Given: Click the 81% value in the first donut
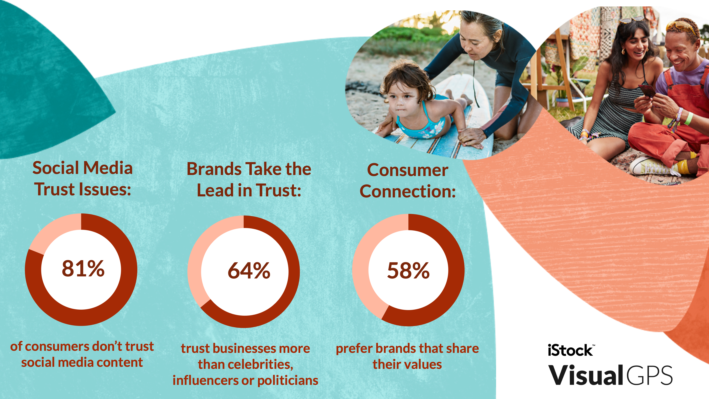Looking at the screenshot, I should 83,268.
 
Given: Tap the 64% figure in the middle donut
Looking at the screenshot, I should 249,271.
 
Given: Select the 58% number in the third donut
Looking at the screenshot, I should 408,271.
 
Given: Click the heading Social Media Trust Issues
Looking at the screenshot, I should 82,179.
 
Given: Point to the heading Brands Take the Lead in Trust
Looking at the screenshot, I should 249,180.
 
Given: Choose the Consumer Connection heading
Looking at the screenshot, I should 408,181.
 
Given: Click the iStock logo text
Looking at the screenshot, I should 570,351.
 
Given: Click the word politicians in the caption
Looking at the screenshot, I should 288,381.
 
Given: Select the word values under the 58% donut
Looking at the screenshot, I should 427,364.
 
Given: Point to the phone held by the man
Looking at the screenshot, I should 647,91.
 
